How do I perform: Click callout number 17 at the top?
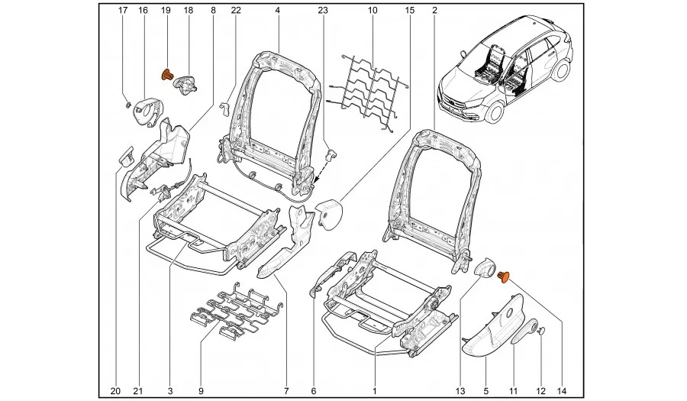pos(123,11)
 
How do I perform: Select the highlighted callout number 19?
pos(166,11)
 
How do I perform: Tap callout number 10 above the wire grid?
pos(372,11)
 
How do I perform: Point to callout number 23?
pos(323,11)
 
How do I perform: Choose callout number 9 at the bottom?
pos(201,392)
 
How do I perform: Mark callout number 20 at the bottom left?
pos(115,392)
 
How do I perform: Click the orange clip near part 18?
pos(166,75)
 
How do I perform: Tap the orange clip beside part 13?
pos(504,276)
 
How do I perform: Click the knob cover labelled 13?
pos(482,267)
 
